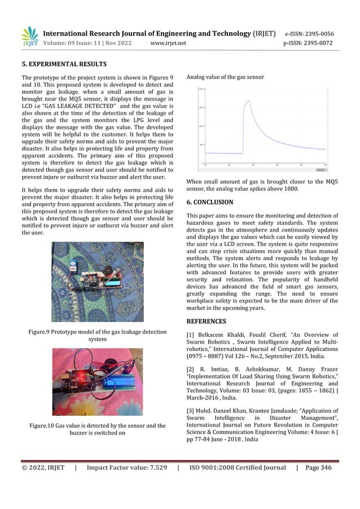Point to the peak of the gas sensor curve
(247, 102)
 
